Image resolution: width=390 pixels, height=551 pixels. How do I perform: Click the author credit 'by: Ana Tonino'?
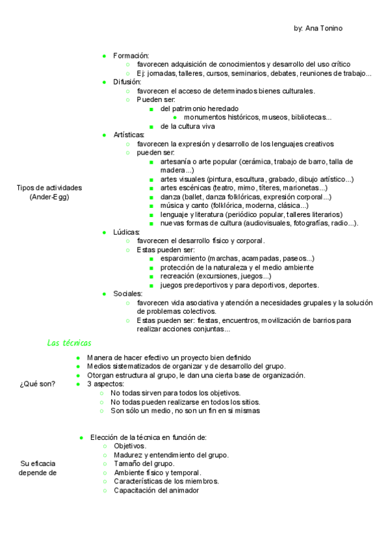coord(318,29)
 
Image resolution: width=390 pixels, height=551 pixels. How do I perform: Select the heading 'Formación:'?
coord(131,55)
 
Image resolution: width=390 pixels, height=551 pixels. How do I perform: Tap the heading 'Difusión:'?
coord(127,82)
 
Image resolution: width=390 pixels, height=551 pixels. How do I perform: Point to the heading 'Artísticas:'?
coord(129,135)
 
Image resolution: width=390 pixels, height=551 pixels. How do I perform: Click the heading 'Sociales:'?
coord(127,294)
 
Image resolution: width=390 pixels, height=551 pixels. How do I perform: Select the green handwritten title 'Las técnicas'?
coord(70,342)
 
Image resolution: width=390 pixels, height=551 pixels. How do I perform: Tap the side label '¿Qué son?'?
coord(38,383)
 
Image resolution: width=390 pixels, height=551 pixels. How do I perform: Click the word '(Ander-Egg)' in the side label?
coord(49,197)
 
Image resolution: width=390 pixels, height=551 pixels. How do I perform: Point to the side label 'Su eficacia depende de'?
coord(38,468)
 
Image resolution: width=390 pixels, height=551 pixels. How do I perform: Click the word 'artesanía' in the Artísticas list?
coord(175,161)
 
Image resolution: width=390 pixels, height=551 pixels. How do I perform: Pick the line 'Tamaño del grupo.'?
coord(144,464)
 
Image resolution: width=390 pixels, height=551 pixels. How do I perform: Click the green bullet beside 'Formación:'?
coord(104,55)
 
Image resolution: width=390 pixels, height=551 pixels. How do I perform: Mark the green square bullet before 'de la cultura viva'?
coord(151,126)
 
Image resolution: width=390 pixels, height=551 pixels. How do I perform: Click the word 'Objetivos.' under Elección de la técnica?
coord(130,446)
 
